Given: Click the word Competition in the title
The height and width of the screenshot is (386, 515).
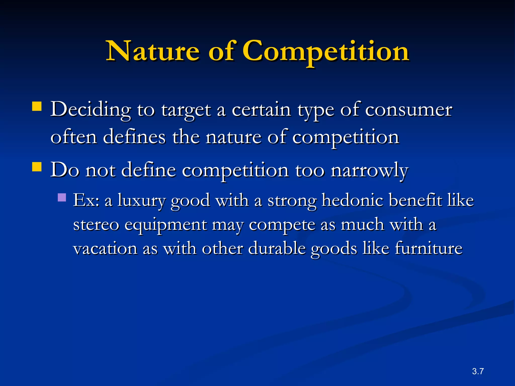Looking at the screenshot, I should (325, 51).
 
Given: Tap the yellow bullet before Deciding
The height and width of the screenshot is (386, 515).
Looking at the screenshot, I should (37, 106).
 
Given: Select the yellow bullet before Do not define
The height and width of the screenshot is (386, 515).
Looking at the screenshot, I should (37, 167).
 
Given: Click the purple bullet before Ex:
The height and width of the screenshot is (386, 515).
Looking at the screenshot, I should (62, 197).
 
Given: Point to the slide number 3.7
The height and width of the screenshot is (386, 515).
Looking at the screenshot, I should (478, 371).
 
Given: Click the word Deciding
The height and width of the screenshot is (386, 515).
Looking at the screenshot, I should (91, 110).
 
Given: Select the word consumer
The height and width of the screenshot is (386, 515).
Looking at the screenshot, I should (408, 110).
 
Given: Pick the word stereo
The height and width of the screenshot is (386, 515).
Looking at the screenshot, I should (96, 224).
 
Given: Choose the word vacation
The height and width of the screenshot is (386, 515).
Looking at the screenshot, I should (105, 248).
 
